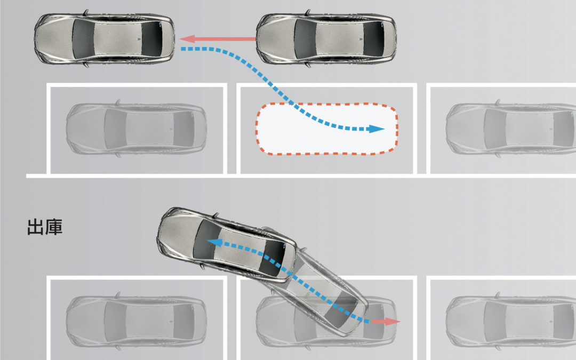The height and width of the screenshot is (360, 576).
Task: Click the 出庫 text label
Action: (45, 227)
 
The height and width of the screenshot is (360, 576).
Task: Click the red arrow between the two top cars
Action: (218, 38)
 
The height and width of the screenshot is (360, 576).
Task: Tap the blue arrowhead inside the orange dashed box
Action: (377, 129)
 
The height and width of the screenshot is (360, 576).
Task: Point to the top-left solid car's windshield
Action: (83, 39)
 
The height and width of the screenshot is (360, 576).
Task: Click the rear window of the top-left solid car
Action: (151, 39)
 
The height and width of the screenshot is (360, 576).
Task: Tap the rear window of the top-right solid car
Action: (373, 39)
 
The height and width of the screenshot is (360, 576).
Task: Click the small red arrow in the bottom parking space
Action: (386, 322)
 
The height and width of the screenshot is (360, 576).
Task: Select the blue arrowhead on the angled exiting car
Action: (214, 242)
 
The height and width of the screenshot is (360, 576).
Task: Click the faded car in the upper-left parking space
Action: (137, 129)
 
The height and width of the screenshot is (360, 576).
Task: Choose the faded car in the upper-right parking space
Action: (511, 129)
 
